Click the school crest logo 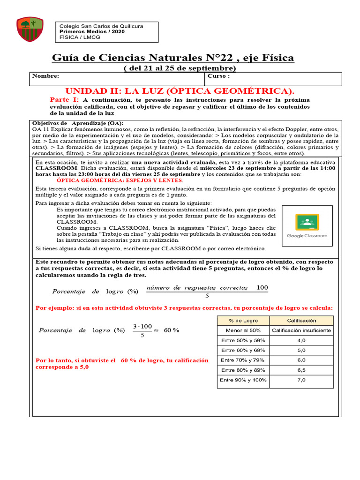pos(30,29)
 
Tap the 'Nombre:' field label pos(45,76)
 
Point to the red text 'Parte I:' pos(64,100)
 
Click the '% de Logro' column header pos(243,321)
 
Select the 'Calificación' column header pos(301,321)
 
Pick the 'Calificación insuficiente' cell pos(301,330)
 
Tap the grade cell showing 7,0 pos(301,380)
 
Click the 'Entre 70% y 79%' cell pos(243,360)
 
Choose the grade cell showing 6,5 pos(301,370)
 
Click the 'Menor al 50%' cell pos(243,330)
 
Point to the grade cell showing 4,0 pos(301,340)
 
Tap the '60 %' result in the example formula pos(172,330)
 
